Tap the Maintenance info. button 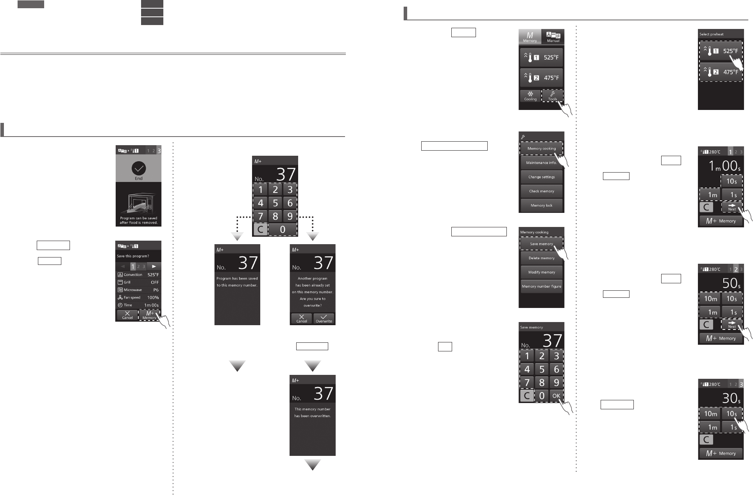coord(541,163)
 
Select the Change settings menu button coord(541,177)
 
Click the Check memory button coord(541,191)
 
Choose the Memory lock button coord(541,205)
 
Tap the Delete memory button coord(541,258)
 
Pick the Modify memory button coord(541,272)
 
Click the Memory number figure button coord(541,286)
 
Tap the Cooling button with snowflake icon coord(530,96)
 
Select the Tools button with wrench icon coord(553,96)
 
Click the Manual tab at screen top coord(553,36)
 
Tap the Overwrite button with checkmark coord(324,319)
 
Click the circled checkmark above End coord(139,169)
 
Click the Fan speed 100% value coord(153,297)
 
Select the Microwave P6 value coord(156,290)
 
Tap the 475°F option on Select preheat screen coord(721,72)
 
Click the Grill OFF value coord(155,282)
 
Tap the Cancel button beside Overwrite coord(301,319)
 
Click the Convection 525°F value coord(153,275)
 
